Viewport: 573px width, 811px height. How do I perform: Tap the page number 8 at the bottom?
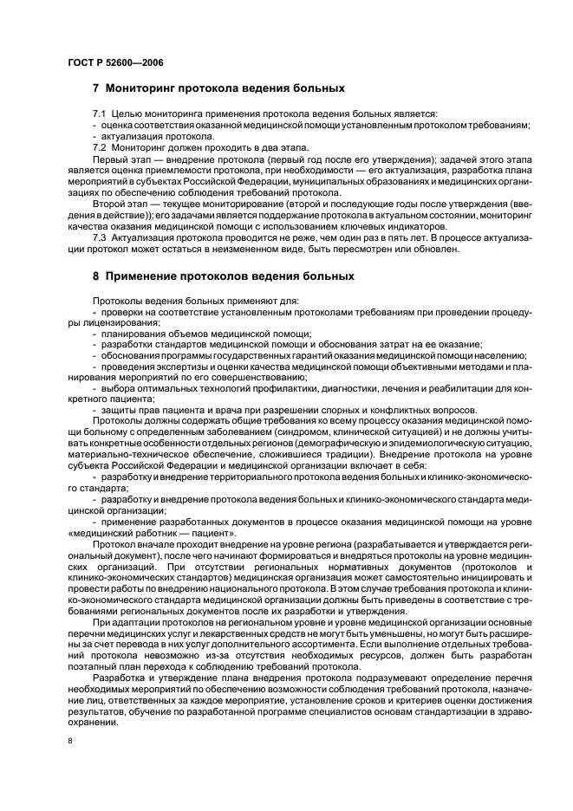[x=70, y=741]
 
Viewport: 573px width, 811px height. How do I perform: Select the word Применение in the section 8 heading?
[x=148, y=276]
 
